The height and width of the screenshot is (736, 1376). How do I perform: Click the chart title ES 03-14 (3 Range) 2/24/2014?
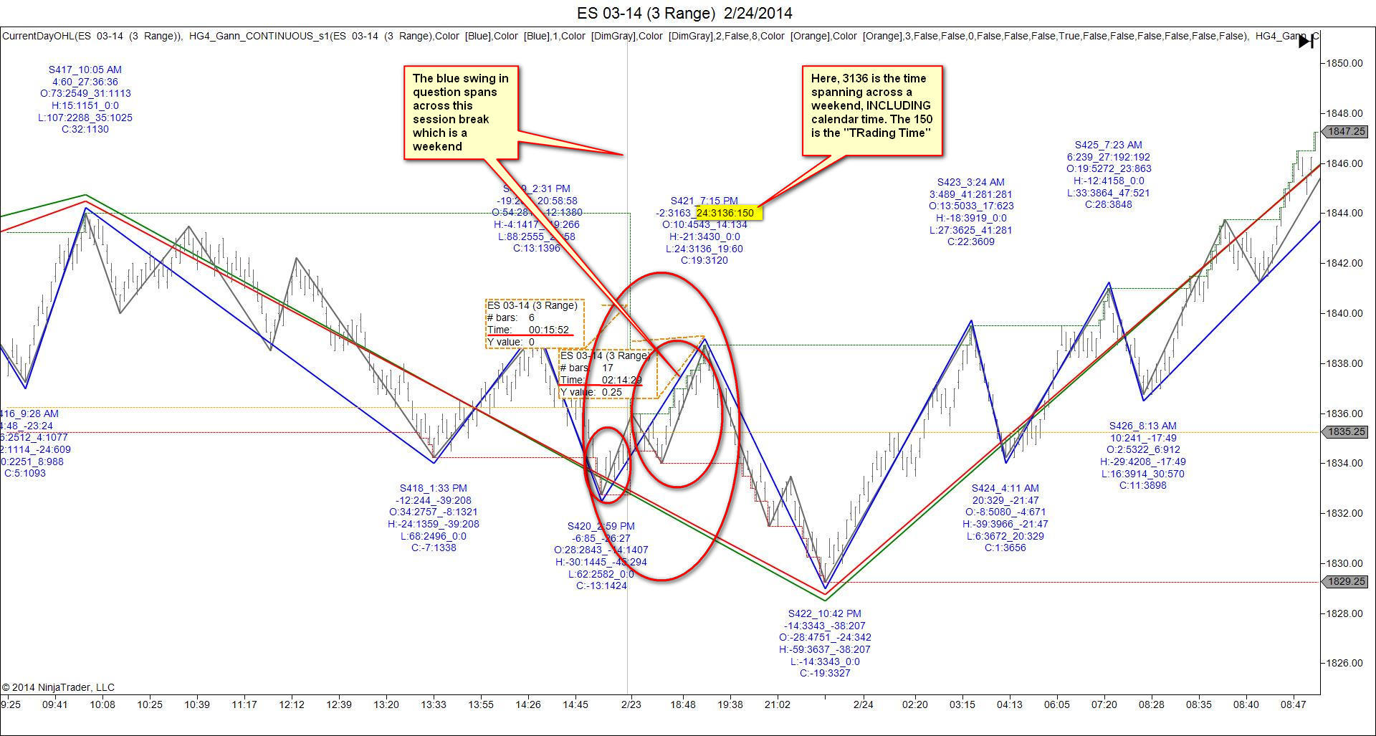[684, 13]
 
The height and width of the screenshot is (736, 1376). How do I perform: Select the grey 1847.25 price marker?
[1347, 132]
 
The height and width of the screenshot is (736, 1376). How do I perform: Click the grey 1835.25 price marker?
[1347, 432]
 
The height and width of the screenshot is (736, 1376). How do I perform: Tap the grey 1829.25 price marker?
[1347, 582]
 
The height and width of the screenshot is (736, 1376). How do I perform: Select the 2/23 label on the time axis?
[631, 704]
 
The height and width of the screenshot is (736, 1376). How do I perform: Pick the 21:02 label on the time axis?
[777, 704]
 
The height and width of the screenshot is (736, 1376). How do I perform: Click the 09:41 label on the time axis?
[55, 704]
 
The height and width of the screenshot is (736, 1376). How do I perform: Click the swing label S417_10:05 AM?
[85, 70]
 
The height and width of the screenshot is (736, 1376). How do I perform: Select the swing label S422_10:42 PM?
[825, 613]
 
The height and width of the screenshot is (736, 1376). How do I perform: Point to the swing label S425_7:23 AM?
[1109, 145]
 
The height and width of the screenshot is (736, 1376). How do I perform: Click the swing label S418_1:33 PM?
[434, 488]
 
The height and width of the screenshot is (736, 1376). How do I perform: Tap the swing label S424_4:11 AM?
[1005, 488]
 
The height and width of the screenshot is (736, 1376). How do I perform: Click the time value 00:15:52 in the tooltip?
[549, 330]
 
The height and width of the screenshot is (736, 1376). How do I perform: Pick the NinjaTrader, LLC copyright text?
[58, 687]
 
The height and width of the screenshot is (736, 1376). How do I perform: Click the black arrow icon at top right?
[1306, 42]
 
